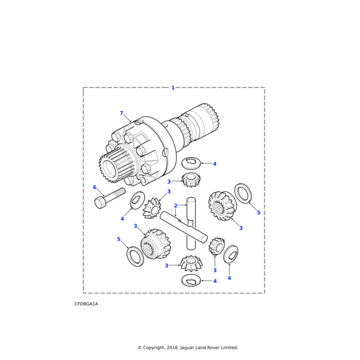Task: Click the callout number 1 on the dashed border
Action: (x=173, y=88)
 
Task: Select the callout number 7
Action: (x=121, y=113)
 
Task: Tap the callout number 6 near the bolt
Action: (x=95, y=187)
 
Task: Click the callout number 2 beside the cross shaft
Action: (x=175, y=206)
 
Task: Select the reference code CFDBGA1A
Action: (x=86, y=304)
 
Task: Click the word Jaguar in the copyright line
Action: (x=188, y=347)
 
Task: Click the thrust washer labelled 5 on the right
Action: (x=243, y=193)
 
